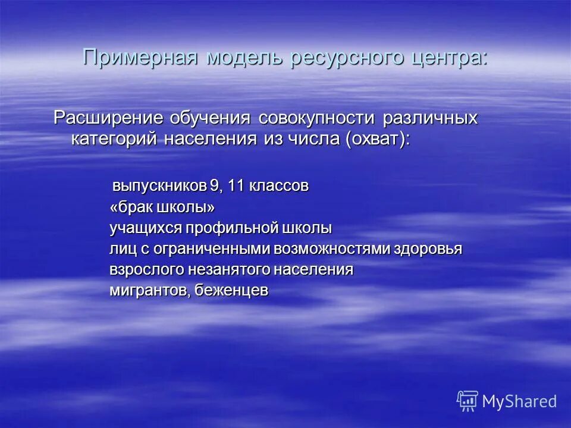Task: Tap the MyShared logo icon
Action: pos(468,401)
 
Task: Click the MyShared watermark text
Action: pos(519,401)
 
